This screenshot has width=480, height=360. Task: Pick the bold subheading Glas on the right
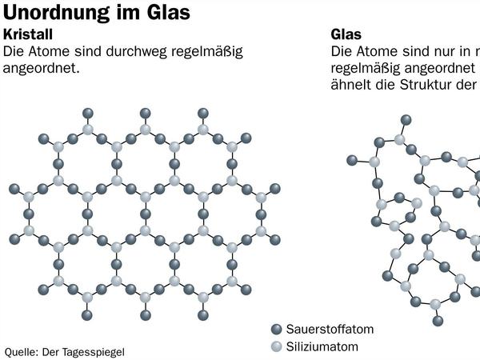[346, 35]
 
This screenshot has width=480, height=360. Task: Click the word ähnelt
[350, 86]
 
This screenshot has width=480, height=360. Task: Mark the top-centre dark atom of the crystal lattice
[145, 112]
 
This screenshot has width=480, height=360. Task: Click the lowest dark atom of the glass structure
[438, 320]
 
